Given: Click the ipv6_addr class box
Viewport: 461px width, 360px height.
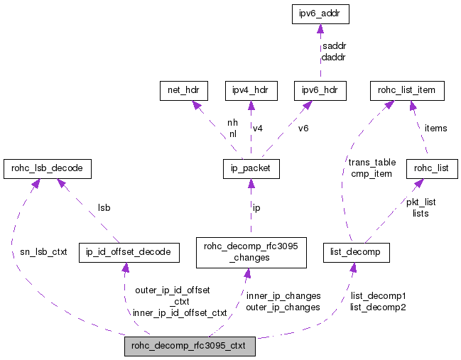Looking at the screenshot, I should [320, 13].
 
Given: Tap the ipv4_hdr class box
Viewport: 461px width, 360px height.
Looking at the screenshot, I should [250, 91].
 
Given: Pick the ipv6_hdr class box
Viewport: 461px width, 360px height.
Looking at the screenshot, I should [320, 91].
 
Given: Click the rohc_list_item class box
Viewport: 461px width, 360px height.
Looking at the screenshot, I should [407, 91].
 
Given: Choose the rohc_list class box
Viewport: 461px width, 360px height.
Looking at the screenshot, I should [431, 169].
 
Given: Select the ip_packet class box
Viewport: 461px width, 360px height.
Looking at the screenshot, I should [250, 169].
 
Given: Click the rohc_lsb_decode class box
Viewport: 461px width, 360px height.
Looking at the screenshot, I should [48, 169].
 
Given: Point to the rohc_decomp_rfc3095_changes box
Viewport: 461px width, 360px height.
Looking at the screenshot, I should [250, 252].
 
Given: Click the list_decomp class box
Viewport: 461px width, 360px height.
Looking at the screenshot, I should [355, 252].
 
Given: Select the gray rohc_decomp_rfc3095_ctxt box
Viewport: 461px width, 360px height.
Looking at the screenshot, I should [189, 347].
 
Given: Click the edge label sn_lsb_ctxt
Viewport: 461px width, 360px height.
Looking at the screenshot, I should [43, 252].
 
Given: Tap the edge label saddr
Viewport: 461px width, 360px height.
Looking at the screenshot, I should [333, 46].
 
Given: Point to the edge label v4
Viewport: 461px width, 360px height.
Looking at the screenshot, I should [257, 129].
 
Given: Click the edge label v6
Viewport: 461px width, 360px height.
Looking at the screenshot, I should [303, 129].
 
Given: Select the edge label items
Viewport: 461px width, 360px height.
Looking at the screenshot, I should [435, 128].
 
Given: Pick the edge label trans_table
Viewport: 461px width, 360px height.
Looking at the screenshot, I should [372, 163].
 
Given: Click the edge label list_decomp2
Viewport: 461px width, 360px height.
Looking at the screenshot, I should [377, 307].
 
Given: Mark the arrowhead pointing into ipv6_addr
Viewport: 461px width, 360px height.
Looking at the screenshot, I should [320, 29].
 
